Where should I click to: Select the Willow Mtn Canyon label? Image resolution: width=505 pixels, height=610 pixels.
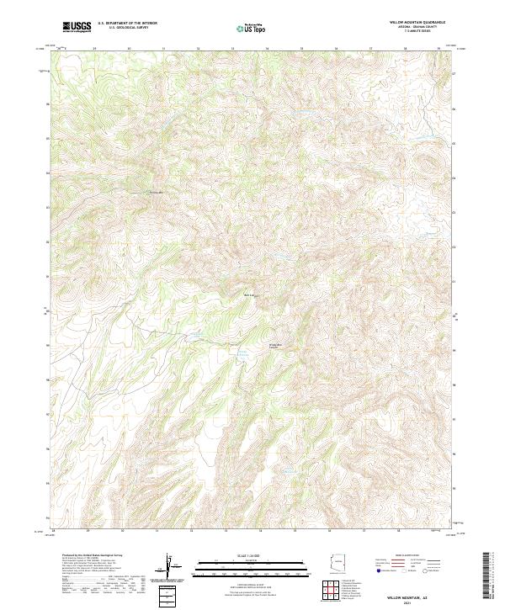pos(275,346)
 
